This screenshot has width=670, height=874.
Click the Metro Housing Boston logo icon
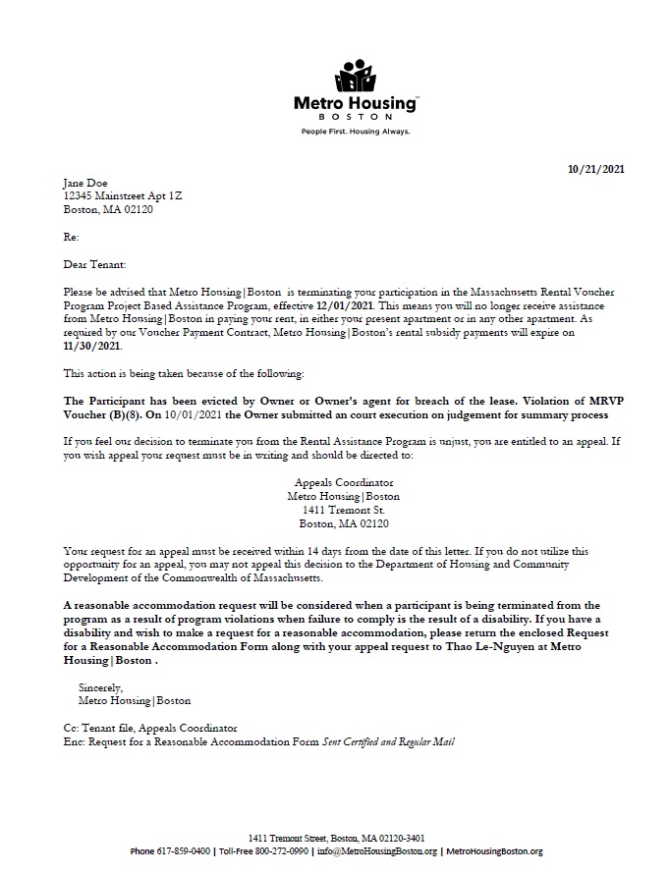pyautogui.click(x=355, y=76)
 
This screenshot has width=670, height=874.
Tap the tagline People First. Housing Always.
pyautogui.click(x=355, y=131)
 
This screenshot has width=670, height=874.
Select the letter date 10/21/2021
pyautogui.click(x=596, y=169)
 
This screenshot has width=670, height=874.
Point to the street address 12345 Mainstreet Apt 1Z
pyautogui.click(x=123, y=195)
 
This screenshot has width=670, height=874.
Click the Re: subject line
pyautogui.click(x=71, y=237)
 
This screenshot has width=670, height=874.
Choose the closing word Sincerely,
pyautogui.click(x=101, y=688)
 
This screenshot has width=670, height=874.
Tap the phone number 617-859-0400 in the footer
pyautogui.click(x=184, y=850)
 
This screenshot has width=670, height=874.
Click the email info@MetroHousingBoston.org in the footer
pyautogui.click(x=379, y=850)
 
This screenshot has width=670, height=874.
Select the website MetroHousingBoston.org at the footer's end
pyautogui.click(x=493, y=850)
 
